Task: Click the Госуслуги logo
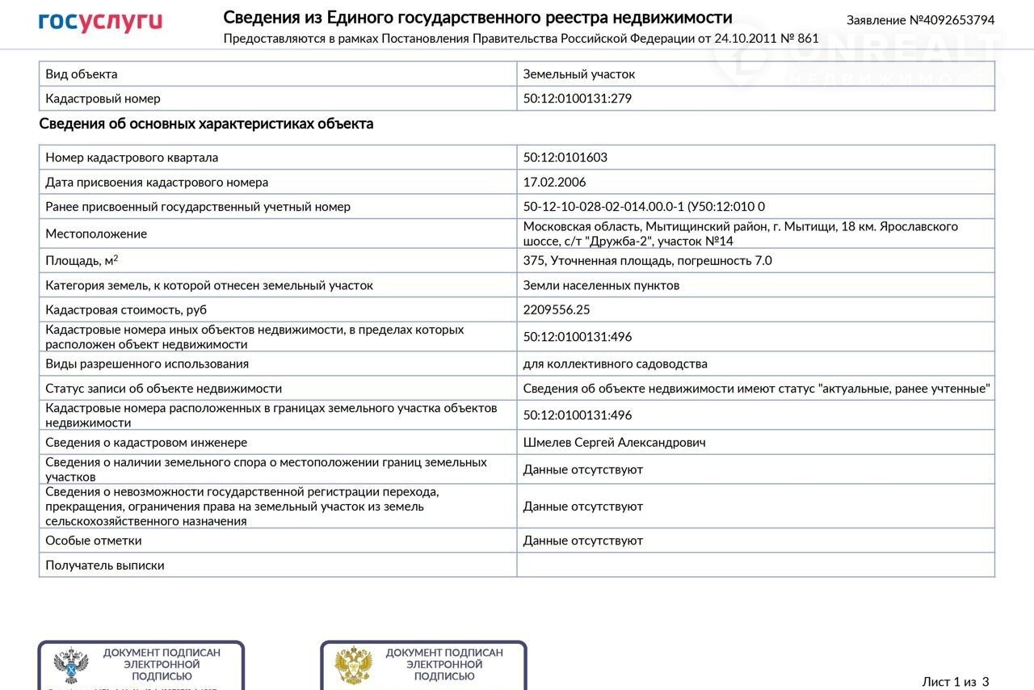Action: (x=100, y=22)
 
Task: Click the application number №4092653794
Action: (x=920, y=20)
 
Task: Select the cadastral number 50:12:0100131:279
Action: (x=577, y=99)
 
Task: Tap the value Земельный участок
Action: (x=578, y=74)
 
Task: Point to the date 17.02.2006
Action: (x=554, y=183)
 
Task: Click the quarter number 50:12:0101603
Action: (x=565, y=158)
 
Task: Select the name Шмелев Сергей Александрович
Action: (x=614, y=443)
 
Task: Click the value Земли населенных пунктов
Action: (x=601, y=285)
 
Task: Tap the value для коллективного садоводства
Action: (x=615, y=364)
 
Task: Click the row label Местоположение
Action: (x=96, y=234)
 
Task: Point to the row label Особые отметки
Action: (x=93, y=541)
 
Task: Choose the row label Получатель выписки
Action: (x=104, y=566)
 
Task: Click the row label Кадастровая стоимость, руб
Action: (x=126, y=309)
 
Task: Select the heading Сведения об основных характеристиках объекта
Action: (x=206, y=124)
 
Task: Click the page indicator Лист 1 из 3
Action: (x=955, y=682)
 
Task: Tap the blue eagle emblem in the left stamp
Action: (x=71, y=666)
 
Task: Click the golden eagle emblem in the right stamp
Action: (x=354, y=666)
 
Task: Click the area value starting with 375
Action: (x=647, y=261)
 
